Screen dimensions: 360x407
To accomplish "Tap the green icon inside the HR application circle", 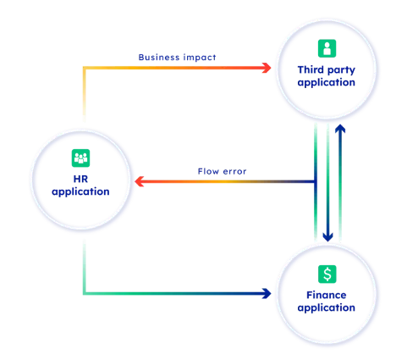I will coord(80,158).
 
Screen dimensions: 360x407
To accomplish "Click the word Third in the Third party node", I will coord(308,69).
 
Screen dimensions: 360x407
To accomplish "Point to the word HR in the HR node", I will coord(80,179).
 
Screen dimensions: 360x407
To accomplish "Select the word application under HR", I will coord(80,191).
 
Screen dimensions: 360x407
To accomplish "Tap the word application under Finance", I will coord(327,306).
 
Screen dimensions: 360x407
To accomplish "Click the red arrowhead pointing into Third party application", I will coord(267,67).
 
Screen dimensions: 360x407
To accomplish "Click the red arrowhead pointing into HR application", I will coord(140,181).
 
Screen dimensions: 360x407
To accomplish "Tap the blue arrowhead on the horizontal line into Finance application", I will coord(266,295).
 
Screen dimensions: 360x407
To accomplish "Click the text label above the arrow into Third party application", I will coord(177,57).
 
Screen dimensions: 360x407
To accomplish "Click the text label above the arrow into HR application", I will coord(223,170).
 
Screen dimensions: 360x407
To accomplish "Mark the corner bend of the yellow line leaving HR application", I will coord(85,67).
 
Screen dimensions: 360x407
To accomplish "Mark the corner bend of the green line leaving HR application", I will coord(85,295).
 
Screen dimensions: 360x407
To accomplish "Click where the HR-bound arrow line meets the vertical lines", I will coord(315,181).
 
